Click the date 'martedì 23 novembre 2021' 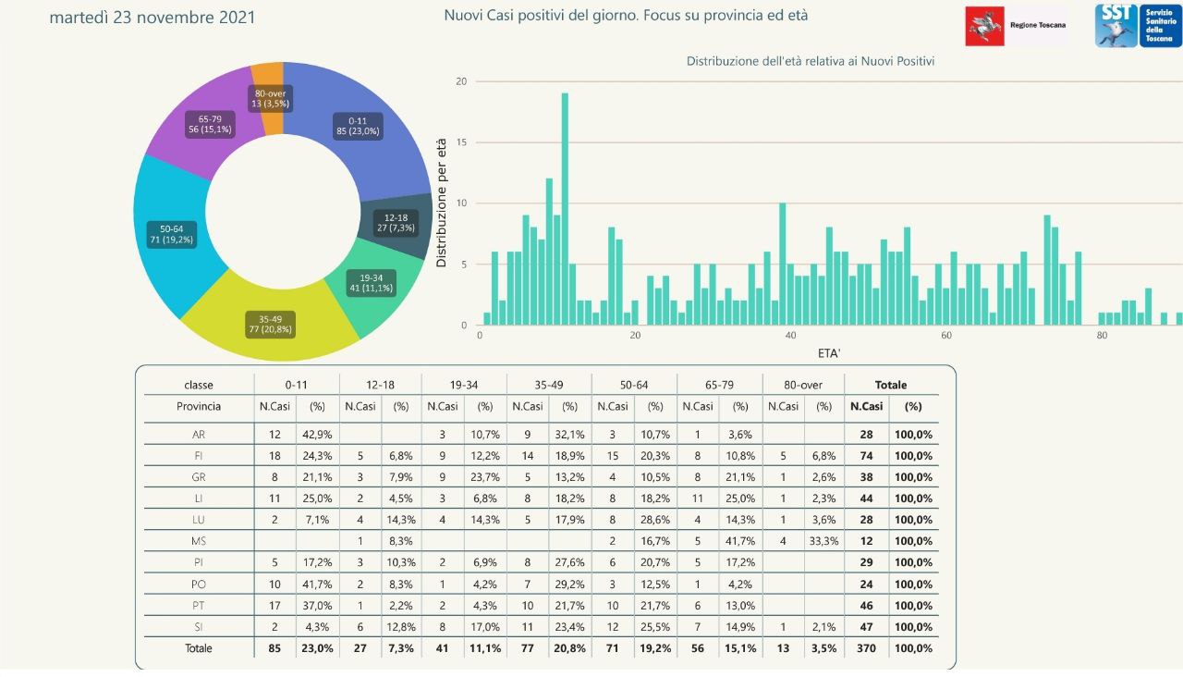[x=152, y=18]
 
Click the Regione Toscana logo [x=1016, y=26]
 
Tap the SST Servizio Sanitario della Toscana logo [x=1137, y=26]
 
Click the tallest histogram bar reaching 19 [x=565, y=209]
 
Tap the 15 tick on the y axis [x=462, y=142]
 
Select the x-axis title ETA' [x=828, y=353]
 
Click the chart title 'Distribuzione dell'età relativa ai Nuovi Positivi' [x=811, y=61]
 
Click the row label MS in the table [x=199, y=541]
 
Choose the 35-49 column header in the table [x=549, y=384]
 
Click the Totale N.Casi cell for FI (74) [x=865, y=456]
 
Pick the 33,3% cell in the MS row [x=824, y=541]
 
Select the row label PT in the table [x=199, y=606]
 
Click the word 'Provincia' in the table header [x=199, y=406]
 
